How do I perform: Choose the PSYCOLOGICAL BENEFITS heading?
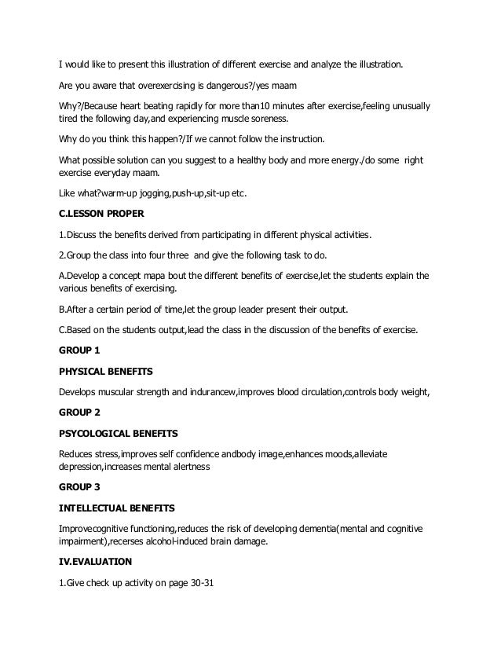click(x=119, y=432)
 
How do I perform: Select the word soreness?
click(x=268, y=119)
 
